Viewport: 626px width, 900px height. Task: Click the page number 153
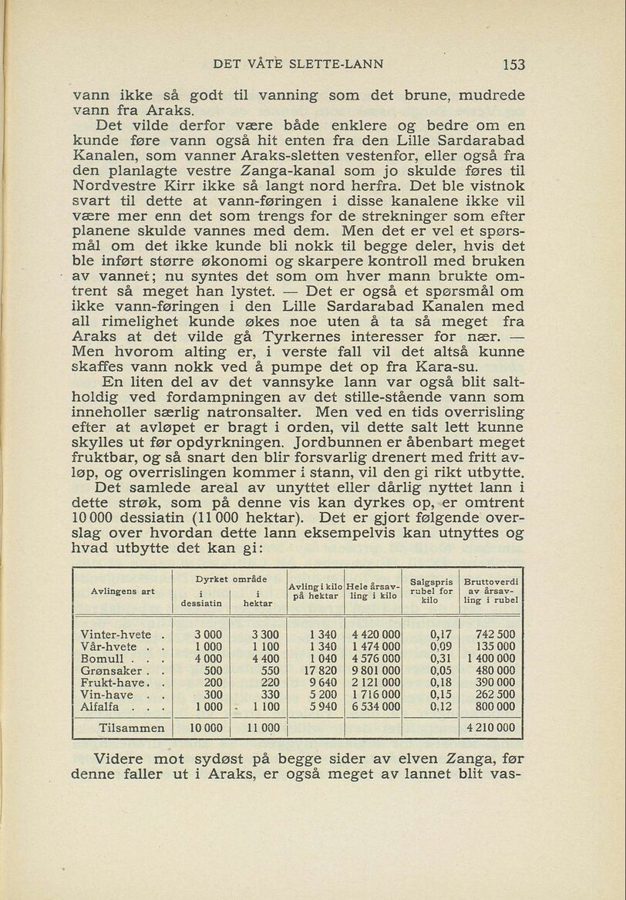(513, 65)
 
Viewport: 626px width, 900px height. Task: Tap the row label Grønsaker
(108, 671)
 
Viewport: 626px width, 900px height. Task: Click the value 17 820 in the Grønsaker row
(322, 671)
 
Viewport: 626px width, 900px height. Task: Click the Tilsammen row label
(132, 727)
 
